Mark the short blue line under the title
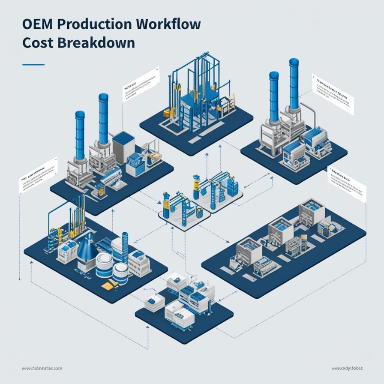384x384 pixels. [x=33, y=65]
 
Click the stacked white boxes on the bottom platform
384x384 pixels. [x=176, y=283]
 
